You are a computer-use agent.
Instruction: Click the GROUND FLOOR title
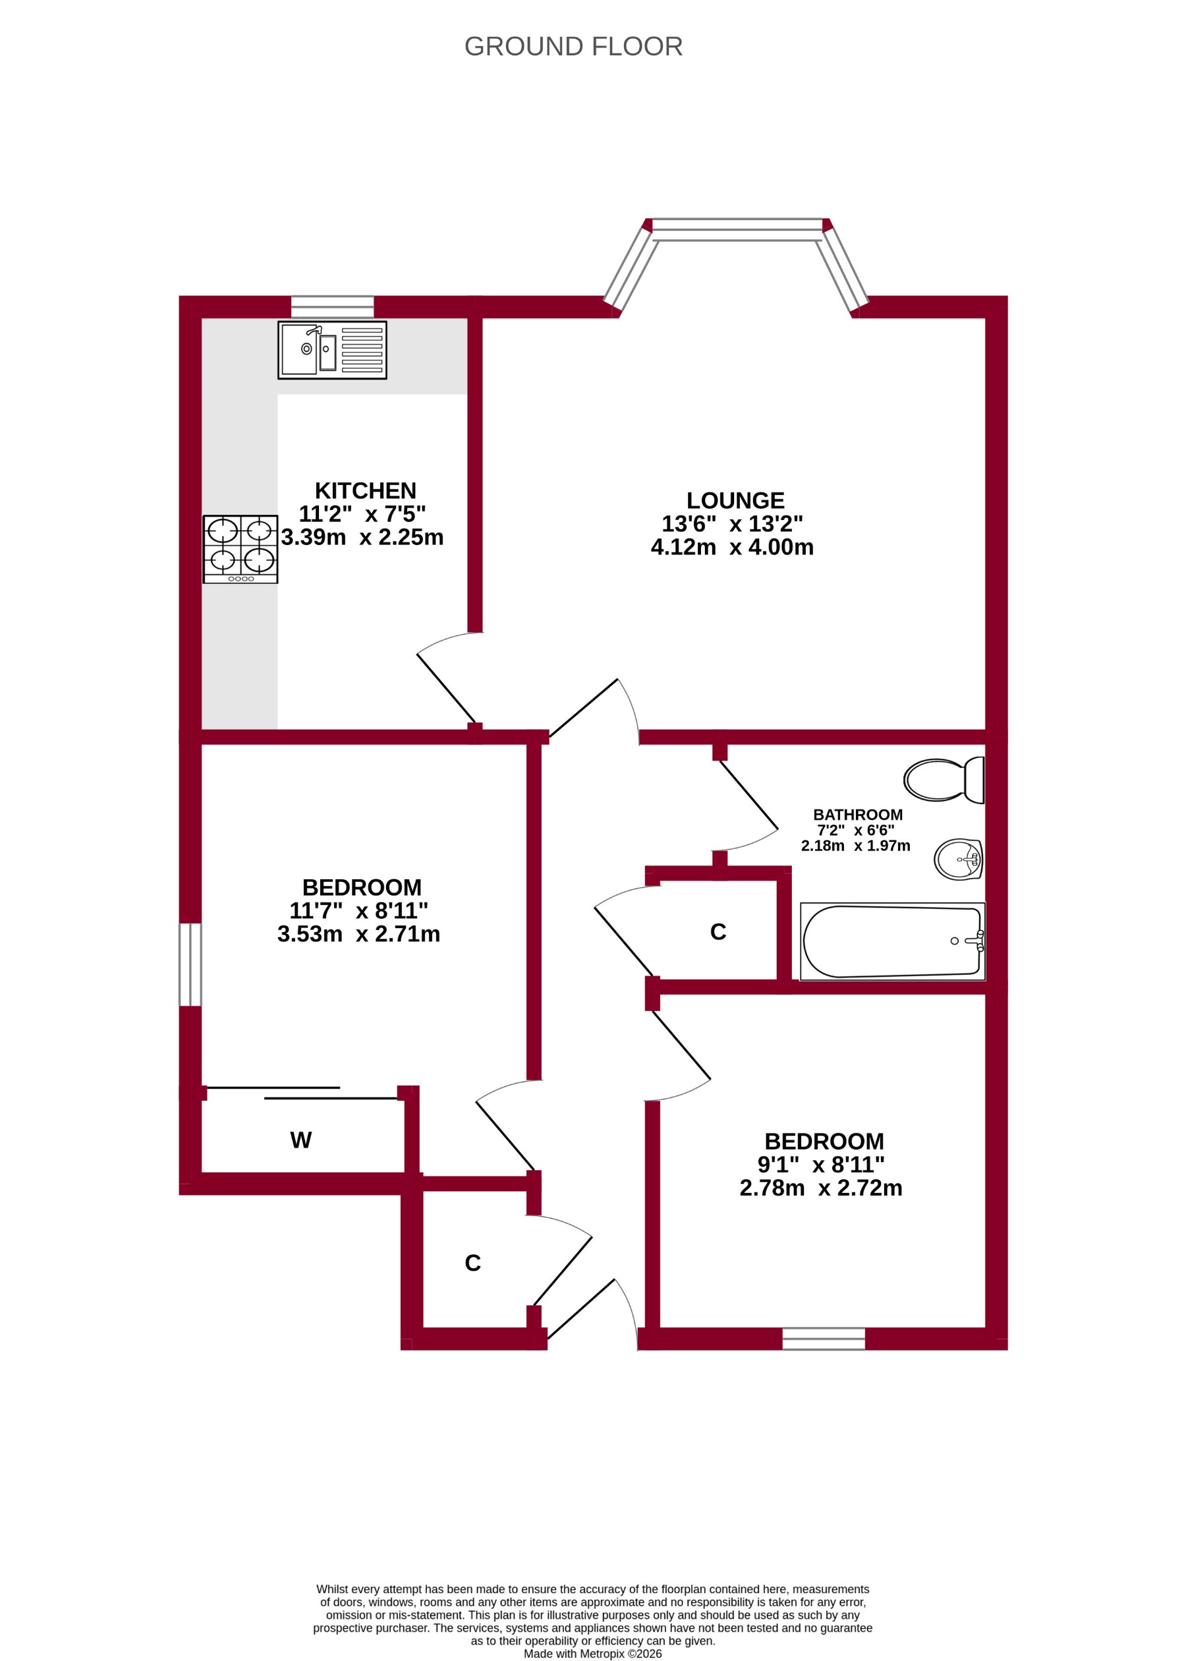click(x=573, y=47)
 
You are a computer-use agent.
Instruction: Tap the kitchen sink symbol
click(x=331, y=350)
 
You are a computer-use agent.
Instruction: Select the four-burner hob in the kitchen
click(x=240, y=548)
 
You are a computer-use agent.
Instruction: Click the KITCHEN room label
click(x=365, y=490)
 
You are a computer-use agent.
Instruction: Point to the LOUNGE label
click(x=735, y=500)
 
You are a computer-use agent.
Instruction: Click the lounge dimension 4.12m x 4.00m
click(x=732, y=547)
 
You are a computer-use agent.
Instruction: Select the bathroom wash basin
click(x=958, y=859)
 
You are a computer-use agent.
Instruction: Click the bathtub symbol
click(x=891, y=941)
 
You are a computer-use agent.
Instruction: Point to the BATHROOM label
click(x=857, y=815)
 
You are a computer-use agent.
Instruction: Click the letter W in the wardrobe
click(x=301, y=1140)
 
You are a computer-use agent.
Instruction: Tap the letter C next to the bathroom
click(x=718, y=932)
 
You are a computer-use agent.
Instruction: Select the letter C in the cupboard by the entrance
click(x=472, y=1264)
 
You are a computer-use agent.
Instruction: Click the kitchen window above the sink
click(x=332, y=306)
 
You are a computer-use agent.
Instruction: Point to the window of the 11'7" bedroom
click(x=190, y=964)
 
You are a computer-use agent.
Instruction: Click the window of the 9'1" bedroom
click(x=823, y=1339)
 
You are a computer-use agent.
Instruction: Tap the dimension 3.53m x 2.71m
click(x=358, y=934)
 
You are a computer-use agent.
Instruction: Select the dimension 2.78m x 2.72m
click(x=821, y=1188)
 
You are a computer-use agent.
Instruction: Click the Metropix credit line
click(x=592, y=1654)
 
